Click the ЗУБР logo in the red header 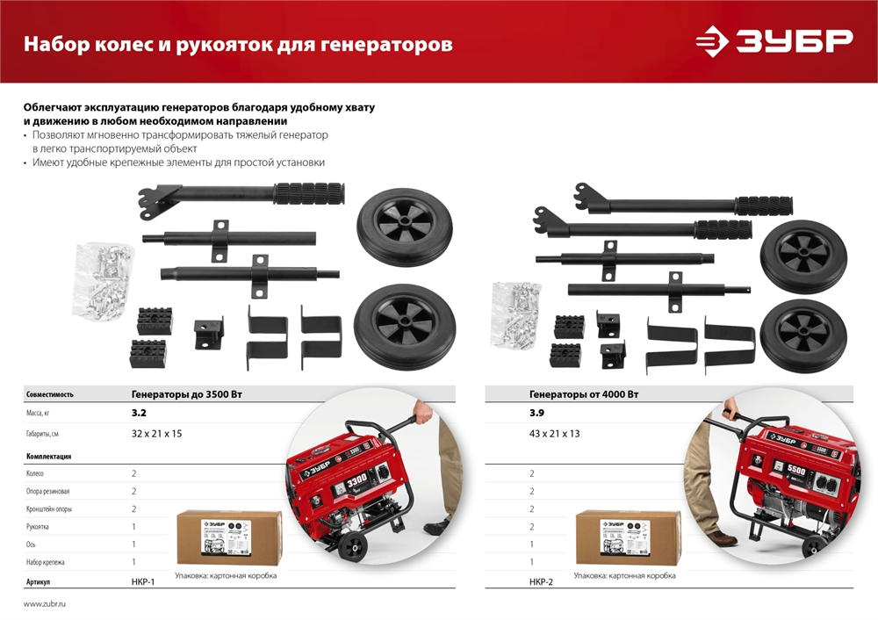[774, 41]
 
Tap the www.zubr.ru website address [45, 604]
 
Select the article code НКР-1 [143, 581]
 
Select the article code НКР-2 [541, 581]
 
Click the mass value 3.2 [139, 411]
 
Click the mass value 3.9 [536, 411]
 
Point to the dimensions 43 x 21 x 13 [554, 434]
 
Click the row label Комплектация [49, 457]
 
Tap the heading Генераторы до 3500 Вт [186, 394]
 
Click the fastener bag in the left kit [104, 274]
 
